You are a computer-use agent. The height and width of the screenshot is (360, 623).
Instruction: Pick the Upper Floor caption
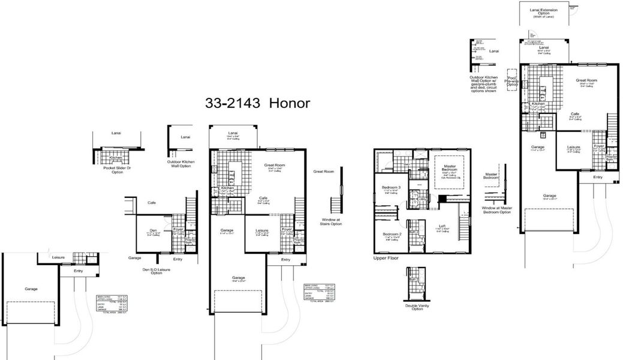click(386, 258)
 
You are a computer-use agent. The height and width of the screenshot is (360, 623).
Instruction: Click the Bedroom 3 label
click(391, 188)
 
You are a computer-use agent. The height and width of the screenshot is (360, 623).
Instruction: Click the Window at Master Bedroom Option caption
click(497, 210)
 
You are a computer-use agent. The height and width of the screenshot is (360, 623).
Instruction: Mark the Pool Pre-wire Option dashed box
click(511, 82)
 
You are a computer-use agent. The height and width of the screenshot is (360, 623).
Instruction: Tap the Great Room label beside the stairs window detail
click(323, 172)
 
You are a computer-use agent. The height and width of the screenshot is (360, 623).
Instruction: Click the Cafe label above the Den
click(151, 203)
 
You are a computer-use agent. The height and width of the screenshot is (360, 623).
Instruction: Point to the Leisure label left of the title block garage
click(58, 257)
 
